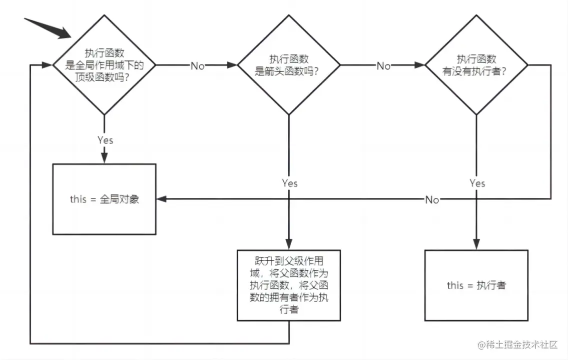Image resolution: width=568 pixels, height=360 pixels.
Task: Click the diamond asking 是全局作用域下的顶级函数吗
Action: (104, 65)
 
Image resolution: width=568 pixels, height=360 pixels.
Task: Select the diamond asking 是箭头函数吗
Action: (289, 65)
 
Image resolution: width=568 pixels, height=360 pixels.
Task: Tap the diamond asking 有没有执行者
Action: (476, 65)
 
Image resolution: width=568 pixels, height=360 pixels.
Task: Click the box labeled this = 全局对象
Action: (104, 199)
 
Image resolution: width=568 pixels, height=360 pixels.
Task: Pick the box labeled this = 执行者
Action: (476, 285)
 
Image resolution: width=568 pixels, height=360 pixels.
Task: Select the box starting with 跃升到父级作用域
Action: (289, 285)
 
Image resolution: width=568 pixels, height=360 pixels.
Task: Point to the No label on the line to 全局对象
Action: (432, 200)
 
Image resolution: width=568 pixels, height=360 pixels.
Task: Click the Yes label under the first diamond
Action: (105, 140)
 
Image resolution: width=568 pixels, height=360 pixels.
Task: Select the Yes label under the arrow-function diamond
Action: (289, 183)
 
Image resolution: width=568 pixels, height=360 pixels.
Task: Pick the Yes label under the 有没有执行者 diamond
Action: (477, 183)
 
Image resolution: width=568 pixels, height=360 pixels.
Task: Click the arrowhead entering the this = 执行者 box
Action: (476, 244)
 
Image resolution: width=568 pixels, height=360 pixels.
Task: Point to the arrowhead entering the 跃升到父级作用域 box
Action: (289, 244)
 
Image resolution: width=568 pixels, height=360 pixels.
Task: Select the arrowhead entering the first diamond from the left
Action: (48, 65)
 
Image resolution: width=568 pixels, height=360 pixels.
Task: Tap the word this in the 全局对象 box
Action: (79, 199)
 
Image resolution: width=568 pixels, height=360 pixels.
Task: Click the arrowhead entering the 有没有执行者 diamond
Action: (420, 65)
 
